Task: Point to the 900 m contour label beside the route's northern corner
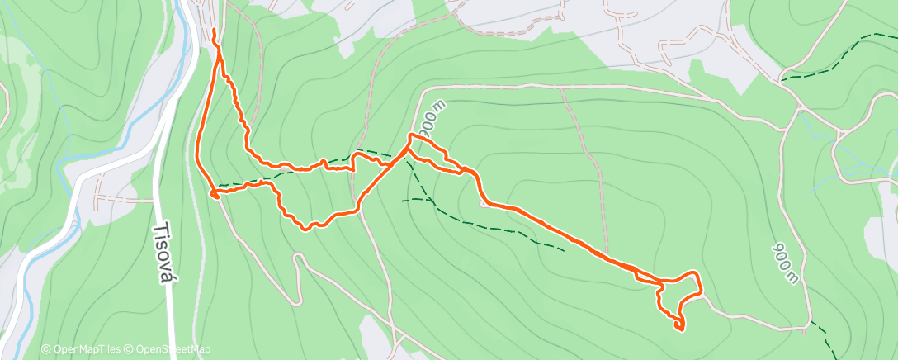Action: click(430, 120)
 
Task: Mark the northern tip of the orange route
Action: click(215, 31)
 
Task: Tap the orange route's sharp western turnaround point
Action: click(214, 194)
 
